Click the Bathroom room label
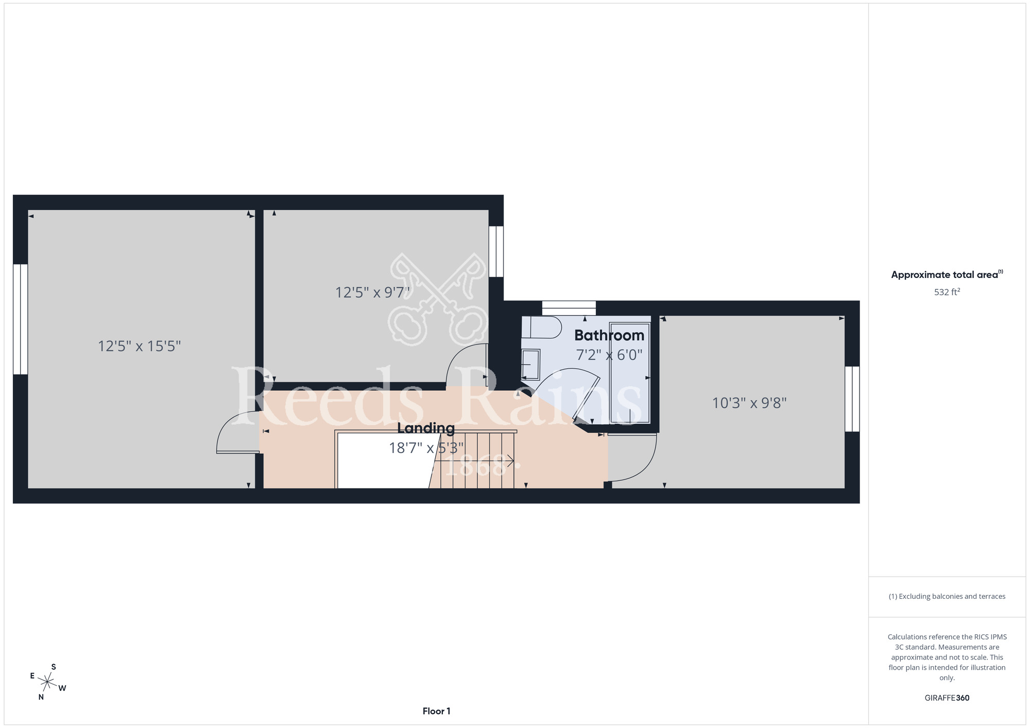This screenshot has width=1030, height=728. pos(609,335)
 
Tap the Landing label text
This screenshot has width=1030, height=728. pos(426,428)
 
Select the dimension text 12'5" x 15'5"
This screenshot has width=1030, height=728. pos(140,346)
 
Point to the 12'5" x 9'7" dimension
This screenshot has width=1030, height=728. pos(372,292)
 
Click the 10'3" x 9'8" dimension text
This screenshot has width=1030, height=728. pos(749,403)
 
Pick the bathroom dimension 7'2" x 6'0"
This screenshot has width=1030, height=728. pos(609,355)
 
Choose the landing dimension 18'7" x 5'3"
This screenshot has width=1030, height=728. pos(426,448)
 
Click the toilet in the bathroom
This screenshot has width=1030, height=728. pos(541,327)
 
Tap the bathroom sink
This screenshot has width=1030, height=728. pos(530,365)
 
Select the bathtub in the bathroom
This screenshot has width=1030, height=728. pos(630,373)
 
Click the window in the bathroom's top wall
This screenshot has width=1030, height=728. pos(569,308)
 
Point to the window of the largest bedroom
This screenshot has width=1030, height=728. pos(20,319)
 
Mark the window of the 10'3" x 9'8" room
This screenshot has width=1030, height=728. pos(852,399)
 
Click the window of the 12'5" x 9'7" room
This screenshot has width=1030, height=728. pos(496,252)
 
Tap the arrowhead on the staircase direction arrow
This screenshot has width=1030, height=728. pos(510,460)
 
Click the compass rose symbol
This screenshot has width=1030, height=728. pos(48,683)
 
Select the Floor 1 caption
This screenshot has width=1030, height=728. pos(436,711)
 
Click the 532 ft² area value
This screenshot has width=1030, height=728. pos(947,292)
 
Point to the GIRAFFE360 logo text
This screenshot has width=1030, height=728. pos(947,698)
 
